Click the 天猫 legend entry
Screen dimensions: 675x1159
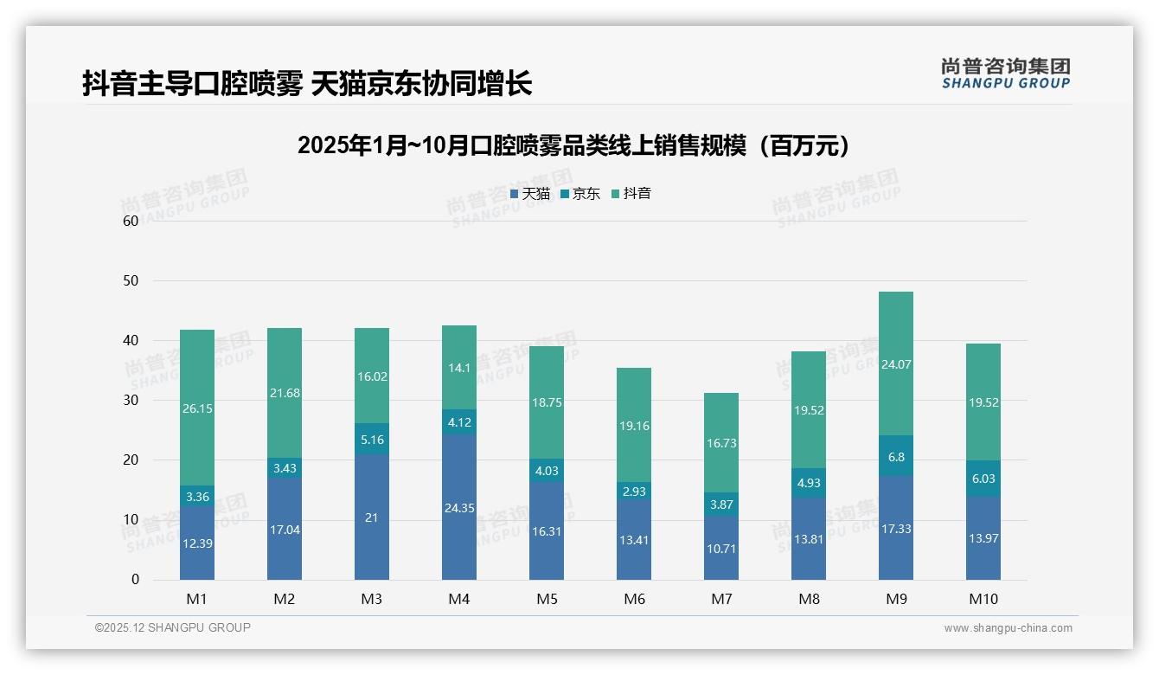529,194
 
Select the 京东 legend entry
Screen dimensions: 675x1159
580,194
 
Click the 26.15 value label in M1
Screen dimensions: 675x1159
197,408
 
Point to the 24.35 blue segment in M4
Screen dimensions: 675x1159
459,508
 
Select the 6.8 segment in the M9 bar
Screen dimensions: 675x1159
896,457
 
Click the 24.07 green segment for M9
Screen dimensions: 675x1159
896,364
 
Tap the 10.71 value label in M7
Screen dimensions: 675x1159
721,549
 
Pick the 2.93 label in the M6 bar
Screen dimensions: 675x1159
634,492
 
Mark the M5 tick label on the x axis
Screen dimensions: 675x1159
547,599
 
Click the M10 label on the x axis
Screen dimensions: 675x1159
983,599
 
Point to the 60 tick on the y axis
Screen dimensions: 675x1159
131,221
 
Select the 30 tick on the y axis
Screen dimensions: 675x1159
131,401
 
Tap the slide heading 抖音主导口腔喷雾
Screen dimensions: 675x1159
307,83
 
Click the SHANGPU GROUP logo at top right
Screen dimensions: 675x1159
1005,74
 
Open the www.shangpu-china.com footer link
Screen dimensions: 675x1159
1008,628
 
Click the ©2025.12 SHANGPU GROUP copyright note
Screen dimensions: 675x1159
173,628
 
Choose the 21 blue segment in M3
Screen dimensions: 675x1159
372,517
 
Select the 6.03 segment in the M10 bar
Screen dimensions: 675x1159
983,479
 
